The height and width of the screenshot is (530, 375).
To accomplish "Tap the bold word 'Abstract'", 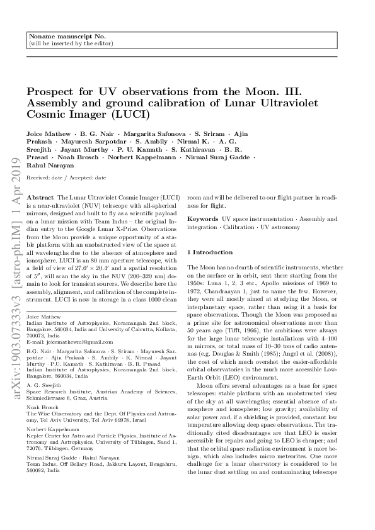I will [42, 197].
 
